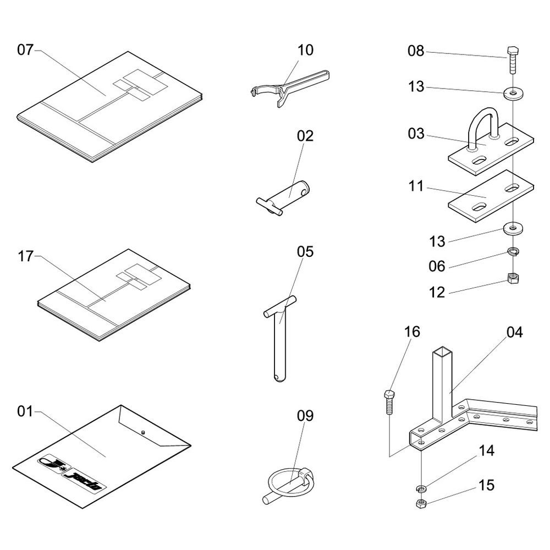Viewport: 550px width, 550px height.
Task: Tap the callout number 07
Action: click(x=25, y=50)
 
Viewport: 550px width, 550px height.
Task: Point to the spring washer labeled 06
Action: click(x=513, y=252)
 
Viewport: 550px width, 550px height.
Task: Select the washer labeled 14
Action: click(x=420, y=488)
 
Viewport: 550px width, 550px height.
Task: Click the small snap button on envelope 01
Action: click(x=142, y=432)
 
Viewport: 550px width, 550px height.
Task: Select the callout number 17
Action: click(x=25, y=256)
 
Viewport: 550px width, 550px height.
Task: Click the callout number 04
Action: click(x=515, y=332)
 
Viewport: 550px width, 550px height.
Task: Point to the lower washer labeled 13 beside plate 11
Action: click(x=513, y=227)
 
